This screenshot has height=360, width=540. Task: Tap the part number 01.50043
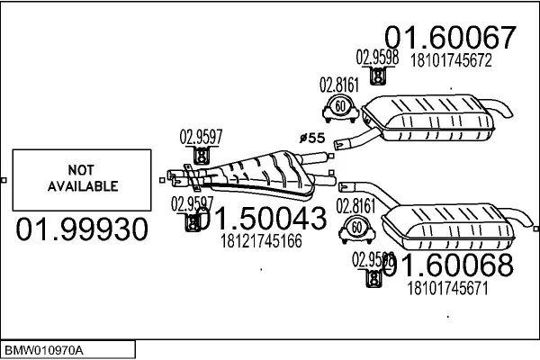coord(259,219)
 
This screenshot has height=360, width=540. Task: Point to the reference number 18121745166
coord(260,241)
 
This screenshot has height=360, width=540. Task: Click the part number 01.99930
coord(82,229)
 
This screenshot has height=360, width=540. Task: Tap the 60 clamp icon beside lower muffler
coord(356,229)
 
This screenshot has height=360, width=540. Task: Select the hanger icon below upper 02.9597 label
coord(202,157)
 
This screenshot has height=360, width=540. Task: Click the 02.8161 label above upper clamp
coord(339,85)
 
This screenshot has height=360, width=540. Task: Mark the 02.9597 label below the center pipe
coord(191,202)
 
